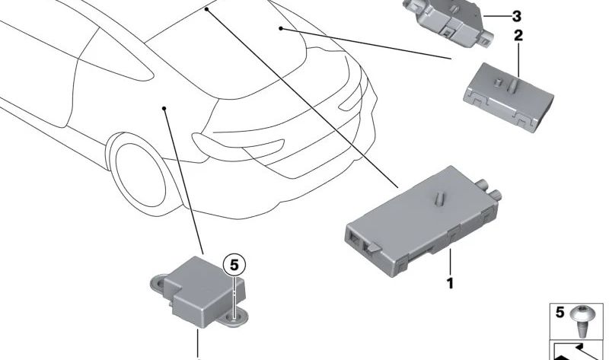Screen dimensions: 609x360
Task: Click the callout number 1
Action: point(450,283)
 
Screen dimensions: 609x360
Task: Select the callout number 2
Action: point(518,35)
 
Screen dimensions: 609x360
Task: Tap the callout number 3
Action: point(517,16)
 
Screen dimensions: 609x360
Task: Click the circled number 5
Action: point(234,265)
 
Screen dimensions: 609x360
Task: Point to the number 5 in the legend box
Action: point(560,312)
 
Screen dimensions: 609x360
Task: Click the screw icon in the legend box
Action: point(582,322)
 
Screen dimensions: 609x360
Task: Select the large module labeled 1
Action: point(422,221)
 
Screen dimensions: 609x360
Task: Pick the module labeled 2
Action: point(509,97)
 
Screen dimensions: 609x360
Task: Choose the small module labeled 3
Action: point(448,21)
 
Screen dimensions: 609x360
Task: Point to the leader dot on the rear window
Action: point(280,28)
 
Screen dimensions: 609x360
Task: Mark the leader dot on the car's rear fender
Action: point(164,108)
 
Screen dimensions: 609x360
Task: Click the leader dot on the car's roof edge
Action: point(206,9)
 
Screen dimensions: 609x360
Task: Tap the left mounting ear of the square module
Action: point(158,282)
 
